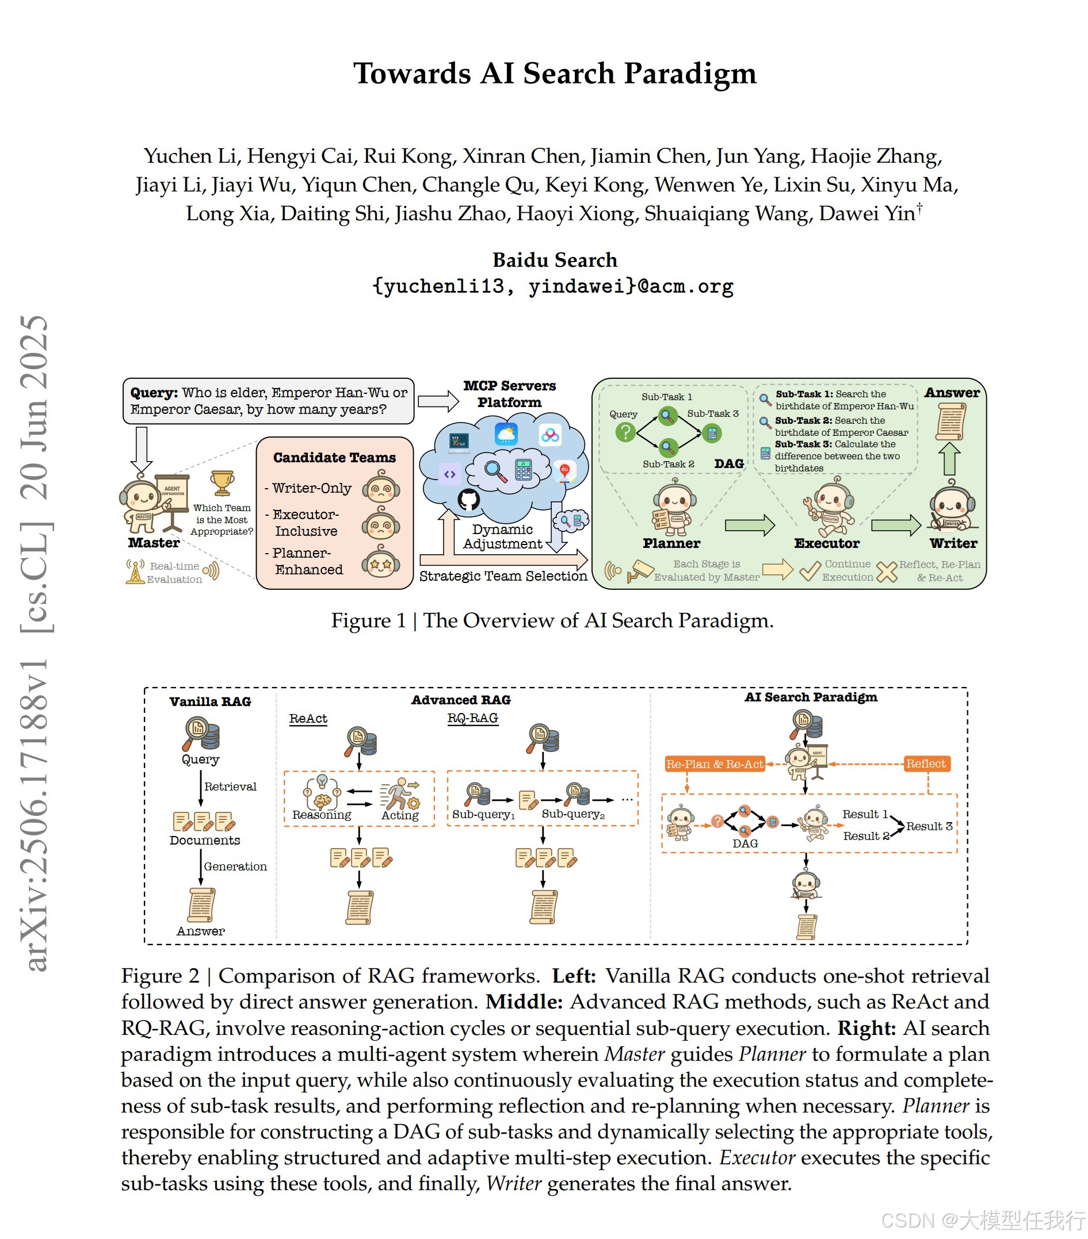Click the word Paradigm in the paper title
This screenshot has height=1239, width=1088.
point(690,74)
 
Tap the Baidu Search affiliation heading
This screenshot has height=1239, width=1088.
point(554,260)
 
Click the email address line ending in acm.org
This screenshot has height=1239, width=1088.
point(552,286)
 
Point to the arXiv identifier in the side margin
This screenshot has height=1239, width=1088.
point(36,812)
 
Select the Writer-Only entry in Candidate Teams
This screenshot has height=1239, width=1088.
point(312,488)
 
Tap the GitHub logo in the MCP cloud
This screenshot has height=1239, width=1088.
point(468,500)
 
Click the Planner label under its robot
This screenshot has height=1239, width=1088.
point(671,543)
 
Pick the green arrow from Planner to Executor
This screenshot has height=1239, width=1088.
point(750,525)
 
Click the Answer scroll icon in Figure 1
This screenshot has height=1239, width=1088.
point(950,421)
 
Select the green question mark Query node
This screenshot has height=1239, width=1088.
point(625,432)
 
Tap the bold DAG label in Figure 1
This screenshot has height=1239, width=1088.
point(728,464)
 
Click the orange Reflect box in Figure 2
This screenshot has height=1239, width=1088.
point(926,764)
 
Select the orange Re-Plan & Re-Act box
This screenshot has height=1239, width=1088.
point(715,764)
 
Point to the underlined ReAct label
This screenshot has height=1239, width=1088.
point(307,718)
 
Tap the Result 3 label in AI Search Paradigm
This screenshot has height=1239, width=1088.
point(929,826)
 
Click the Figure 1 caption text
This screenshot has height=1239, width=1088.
point(552,621)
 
